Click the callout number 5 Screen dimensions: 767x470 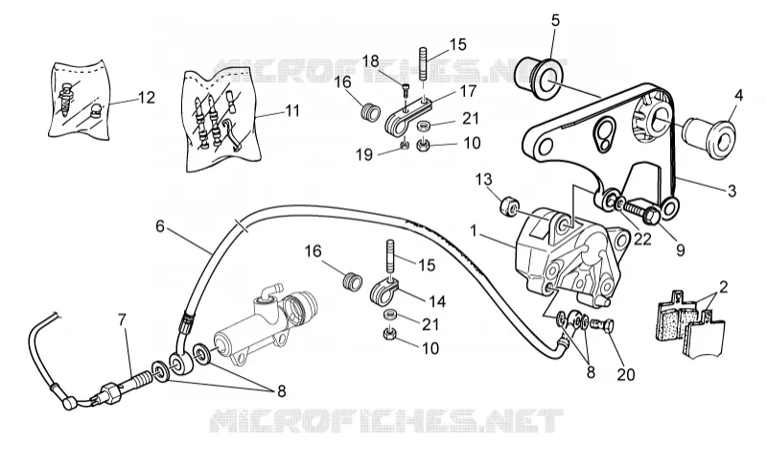pyautogui.click(x=555, y=20)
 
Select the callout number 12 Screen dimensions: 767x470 pyautogui.click(x=147, y=98)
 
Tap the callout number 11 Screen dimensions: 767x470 pyautogui.click(x=292, y=110)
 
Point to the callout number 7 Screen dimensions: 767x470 pyautogui.click(x=122, y=319)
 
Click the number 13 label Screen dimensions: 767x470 pyautogui.click(x=483, y=179)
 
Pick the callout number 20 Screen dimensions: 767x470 pyautogui.click(x=626, y=374)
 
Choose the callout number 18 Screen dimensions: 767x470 pyautogui.click(x=371, y=61)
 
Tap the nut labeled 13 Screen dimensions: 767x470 pyautogui.click(x=509, y=207)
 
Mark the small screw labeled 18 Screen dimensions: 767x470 pyautogui.click(x=407, y=90)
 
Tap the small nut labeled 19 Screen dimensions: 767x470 pyautogui.click(x=405, y=145)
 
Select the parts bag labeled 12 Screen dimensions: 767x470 pyautogui.click(x=80, y=99)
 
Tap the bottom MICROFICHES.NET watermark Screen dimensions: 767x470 pyautogui.click(x=386, y=420)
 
